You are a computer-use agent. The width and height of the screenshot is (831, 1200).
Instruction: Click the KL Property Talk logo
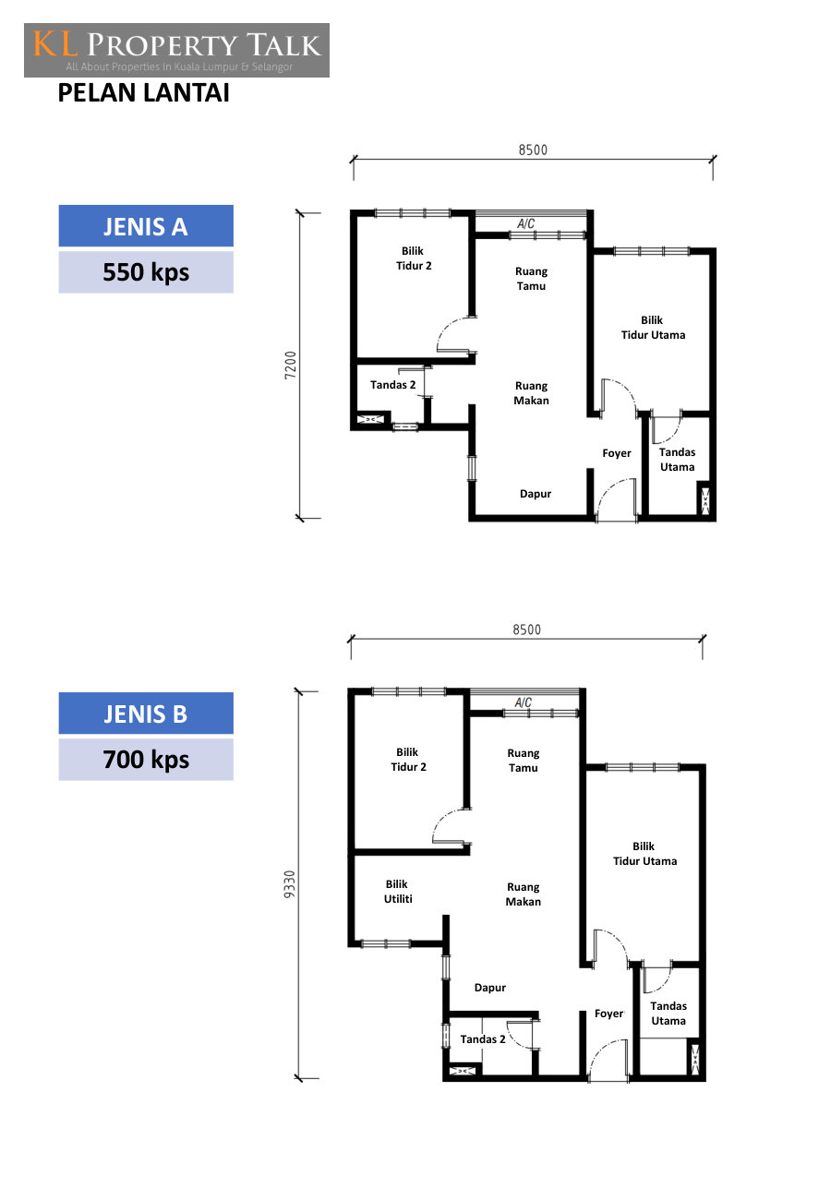[x=176, y=50]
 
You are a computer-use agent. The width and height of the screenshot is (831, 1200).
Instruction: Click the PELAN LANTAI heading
[x=144, y=92]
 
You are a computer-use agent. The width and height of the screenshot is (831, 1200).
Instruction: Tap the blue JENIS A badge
[x=146, y=225]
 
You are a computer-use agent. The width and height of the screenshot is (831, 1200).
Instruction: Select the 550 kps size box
[x=146, y=272]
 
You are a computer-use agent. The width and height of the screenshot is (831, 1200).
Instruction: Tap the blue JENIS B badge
[x=146, y=713]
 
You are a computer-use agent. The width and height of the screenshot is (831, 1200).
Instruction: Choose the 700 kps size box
[x=146, y=759]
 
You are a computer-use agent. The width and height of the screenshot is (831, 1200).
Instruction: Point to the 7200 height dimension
[x=290, y=366]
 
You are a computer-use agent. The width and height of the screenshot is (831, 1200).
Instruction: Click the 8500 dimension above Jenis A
[x=533, y=150]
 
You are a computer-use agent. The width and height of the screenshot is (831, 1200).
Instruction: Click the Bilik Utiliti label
[x=398, y=892]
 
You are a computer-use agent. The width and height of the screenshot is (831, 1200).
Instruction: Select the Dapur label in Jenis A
[x=536, y=494]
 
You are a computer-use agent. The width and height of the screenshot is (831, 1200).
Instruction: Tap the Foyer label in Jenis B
[x=608, y=1013]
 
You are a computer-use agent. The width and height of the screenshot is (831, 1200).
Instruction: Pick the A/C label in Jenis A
[x=525, y=223]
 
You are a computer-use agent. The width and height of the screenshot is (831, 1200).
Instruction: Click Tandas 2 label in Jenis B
[x=482, y=1038]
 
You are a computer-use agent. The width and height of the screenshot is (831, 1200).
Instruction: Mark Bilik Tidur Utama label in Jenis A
[x=653, y=328]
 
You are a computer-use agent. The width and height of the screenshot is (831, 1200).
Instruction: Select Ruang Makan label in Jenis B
[x=523, y=894]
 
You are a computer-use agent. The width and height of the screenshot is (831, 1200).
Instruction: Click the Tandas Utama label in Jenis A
[x=677, y=459]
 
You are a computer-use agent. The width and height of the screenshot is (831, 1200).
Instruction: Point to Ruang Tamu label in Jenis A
[x=531, y=279]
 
